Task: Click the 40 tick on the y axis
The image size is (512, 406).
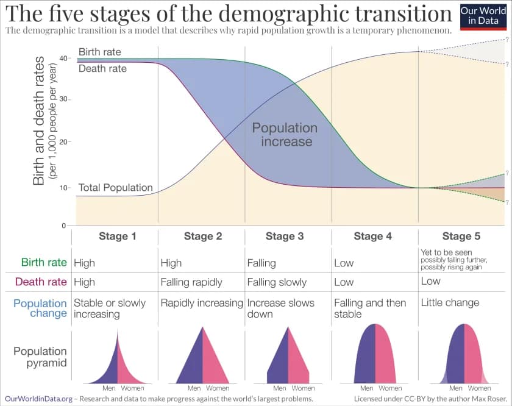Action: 66,58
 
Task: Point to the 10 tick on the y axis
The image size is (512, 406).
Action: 66,187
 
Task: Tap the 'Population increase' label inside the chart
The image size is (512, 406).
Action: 285,135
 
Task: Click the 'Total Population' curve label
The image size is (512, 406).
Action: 115,188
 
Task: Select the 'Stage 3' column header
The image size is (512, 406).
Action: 285,237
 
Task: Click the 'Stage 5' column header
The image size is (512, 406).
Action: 457,237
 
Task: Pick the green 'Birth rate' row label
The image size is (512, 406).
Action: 44,263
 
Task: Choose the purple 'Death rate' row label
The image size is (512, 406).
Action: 41,282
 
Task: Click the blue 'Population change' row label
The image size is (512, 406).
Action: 40,308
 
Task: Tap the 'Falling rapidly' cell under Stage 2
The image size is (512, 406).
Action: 191,282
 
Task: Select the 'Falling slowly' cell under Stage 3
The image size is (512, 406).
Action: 277,282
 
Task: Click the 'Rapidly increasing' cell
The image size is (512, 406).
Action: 202,302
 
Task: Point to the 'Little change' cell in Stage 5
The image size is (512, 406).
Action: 450,302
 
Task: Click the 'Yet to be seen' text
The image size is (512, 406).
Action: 447,252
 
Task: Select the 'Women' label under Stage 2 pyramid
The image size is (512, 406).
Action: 218,388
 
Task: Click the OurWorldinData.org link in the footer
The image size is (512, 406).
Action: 39,398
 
